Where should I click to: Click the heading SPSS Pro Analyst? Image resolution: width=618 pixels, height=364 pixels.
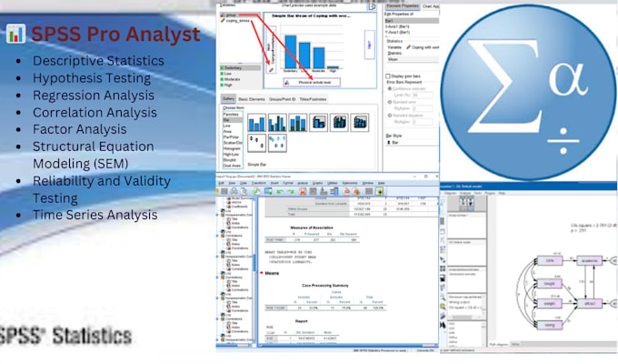[115, 35]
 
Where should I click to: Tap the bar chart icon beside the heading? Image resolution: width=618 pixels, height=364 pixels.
[15, 35]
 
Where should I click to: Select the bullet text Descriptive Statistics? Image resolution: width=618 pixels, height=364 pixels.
[99, 61]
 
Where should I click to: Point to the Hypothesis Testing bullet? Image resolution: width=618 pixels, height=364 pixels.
[92, 78]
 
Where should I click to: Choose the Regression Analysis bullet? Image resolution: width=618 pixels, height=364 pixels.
[94, 96]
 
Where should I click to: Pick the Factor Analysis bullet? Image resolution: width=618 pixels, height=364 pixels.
[79, 130]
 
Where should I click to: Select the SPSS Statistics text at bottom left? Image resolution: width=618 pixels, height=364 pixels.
[65, 335]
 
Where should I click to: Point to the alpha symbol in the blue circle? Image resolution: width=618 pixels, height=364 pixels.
[559, 86]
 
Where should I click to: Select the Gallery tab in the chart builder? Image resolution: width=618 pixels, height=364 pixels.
[229, 97]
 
